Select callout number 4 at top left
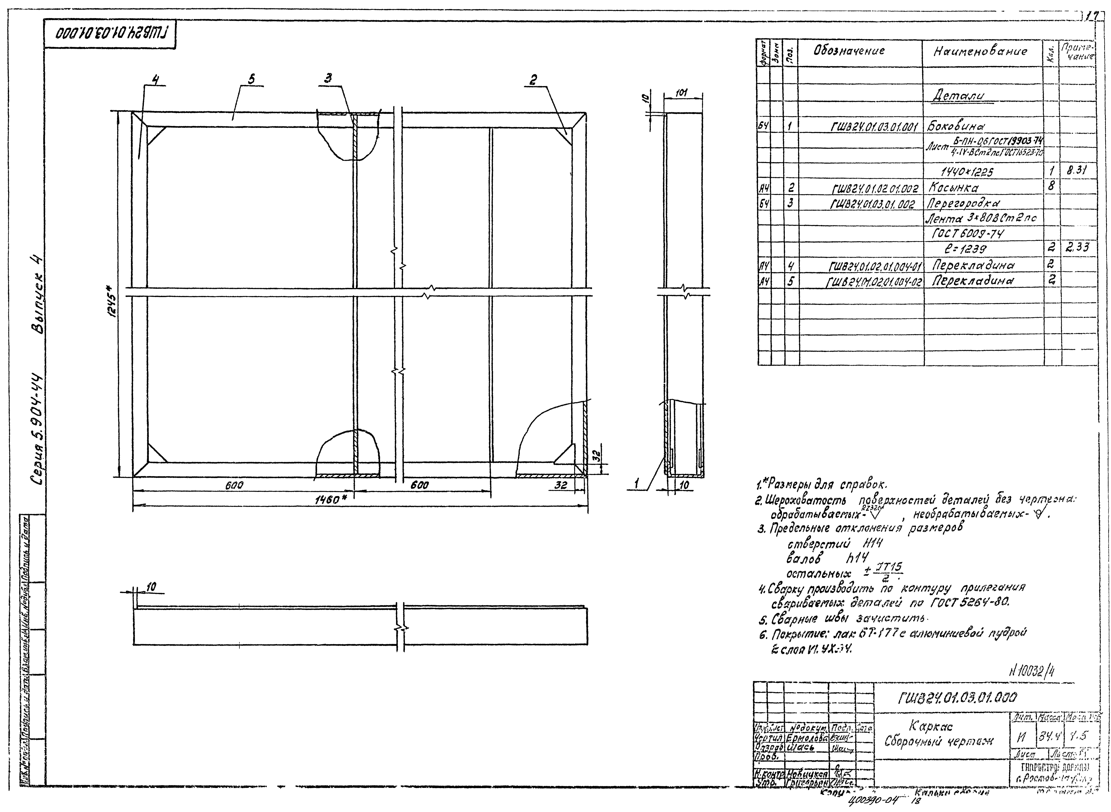tap(156, 80)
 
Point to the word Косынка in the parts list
tap(953, 188)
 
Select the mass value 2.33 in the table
tap(1077, 248)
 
